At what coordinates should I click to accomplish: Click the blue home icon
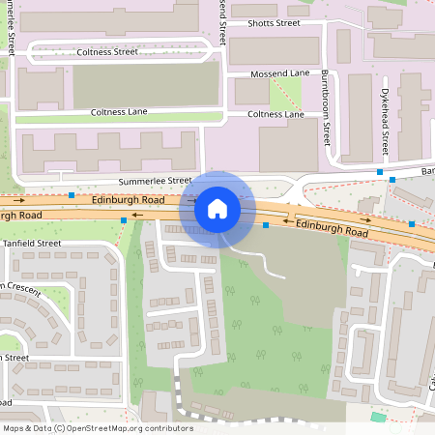point(217,208)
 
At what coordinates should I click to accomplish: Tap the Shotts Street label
point(273,22)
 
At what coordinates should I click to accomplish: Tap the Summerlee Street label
point(156,181)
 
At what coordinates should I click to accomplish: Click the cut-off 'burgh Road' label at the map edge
point(20,214)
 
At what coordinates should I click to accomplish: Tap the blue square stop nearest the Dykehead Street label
point(380,172)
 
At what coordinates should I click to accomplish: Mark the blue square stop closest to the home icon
point(266,225)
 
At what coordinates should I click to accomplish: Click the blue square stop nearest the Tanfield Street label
point(124,221)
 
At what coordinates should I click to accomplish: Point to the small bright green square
point(377,417)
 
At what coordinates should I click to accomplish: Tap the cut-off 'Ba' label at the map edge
point(427,171)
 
